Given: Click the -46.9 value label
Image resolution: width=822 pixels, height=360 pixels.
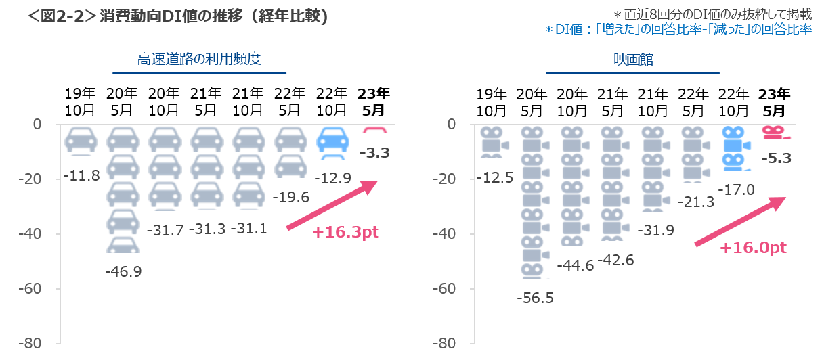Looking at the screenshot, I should (123, 271).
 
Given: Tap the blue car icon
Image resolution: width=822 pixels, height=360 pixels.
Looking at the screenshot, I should (333, 141).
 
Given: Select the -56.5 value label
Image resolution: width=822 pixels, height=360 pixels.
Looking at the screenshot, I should (534, 297).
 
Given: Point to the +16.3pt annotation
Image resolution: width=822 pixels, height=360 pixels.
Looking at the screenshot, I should (345, 232).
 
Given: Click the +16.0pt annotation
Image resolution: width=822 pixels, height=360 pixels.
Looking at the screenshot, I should (753, 248).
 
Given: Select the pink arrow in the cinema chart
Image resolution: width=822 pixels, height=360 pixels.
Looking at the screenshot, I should (739, 221).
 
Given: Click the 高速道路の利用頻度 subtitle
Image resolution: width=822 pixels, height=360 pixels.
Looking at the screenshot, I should (199, 60).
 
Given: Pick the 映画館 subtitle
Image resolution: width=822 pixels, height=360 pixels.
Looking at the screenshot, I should (632, 60).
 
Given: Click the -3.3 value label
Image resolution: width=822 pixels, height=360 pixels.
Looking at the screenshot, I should (374, 153).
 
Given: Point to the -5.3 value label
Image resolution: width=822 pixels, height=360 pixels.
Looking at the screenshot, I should (777, 158).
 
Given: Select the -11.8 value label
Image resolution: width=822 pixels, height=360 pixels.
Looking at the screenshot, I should (81, 176).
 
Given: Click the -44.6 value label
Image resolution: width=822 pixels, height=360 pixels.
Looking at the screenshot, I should (575, 265).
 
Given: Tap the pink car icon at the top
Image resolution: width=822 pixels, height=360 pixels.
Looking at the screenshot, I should (374, 129).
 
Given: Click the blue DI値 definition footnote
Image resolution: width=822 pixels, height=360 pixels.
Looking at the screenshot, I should (678, 29).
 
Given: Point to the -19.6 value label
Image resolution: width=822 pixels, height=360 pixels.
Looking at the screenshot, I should (290, 197).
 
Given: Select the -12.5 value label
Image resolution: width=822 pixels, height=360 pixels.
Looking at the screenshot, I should (494, 178).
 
